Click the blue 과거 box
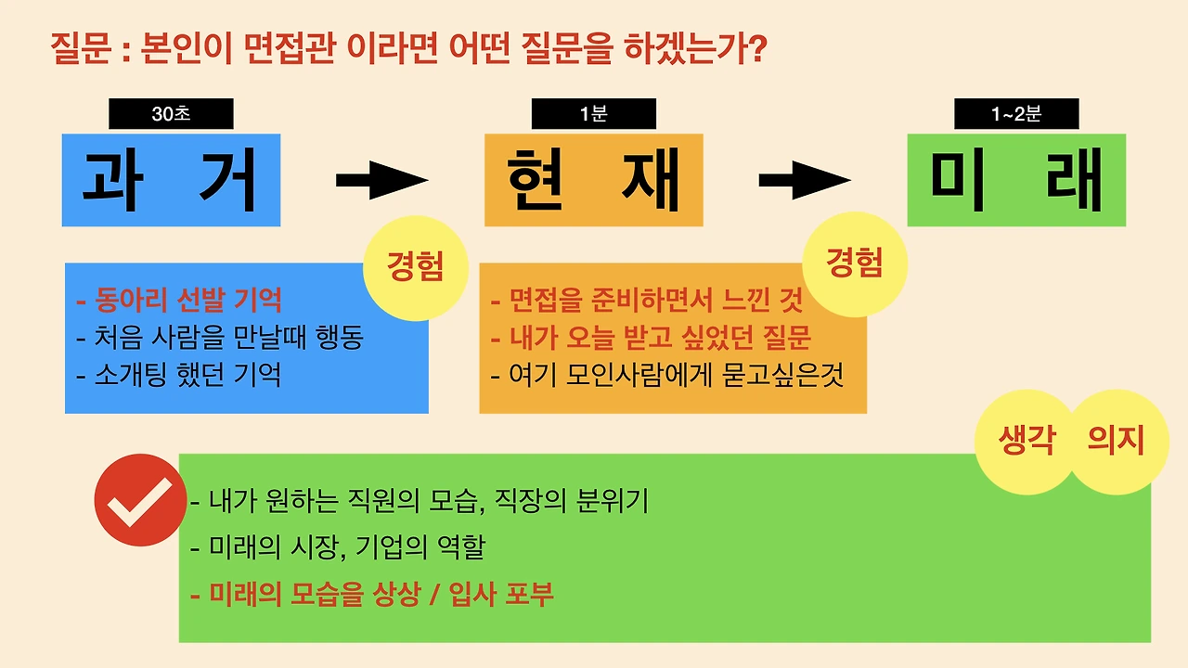[x=171, y=180]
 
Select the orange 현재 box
[x=594, y=180]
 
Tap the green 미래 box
[x=1016, y=180]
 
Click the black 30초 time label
[x=171, y=114]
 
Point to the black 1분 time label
[x=593, y=114]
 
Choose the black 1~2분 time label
[x=1016, y=114]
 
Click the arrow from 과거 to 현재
[x=381, y=180]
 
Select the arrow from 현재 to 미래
[x=804, y=180]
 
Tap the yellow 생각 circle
[x=1027, y=441]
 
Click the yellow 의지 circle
[x=1116, y=441]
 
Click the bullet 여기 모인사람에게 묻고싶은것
[x=667, y=375]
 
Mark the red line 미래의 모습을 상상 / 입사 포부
[x=372, y=594]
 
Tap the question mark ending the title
[x=755, y=47]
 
